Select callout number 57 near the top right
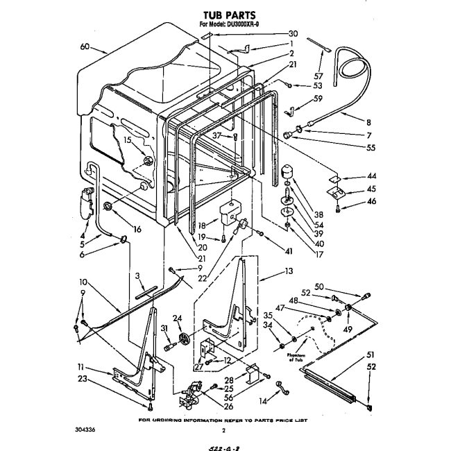(318, 76)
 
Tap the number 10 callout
(83, 282)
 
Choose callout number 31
(164, 328)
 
